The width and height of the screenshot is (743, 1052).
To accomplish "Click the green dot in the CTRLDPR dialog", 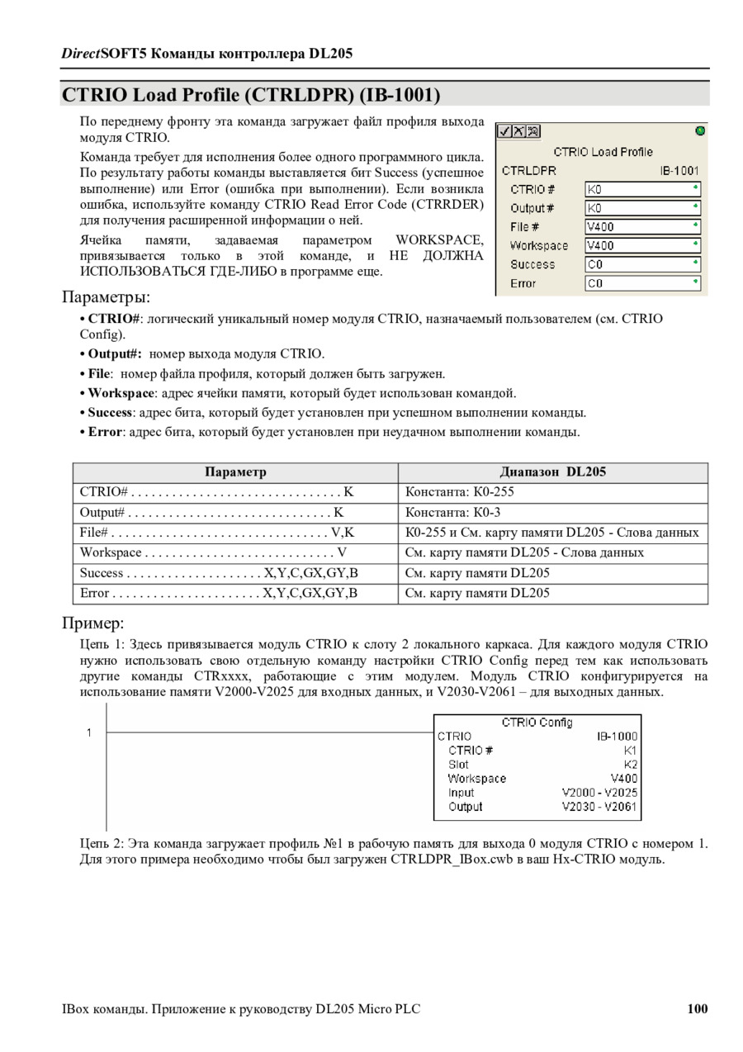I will [700, 131].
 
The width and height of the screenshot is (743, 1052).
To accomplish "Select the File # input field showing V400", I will [642, 226].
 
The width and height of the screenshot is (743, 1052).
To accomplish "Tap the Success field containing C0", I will [642, 264].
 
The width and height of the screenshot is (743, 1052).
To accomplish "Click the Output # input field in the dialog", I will [642, 208].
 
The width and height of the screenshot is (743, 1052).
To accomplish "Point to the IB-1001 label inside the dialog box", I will [679, 171].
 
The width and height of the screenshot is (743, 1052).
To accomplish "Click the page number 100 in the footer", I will [697, 1008].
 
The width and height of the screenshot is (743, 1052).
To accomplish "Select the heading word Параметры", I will [106, 296].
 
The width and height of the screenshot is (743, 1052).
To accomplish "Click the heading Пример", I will [92, 623].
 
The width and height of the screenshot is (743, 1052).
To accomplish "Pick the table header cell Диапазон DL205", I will [552, 472].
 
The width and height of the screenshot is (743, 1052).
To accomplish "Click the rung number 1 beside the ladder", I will [89, 732].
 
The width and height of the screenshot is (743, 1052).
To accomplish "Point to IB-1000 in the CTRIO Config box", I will [618, 736].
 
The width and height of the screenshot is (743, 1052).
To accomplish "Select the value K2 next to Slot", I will [631, 765].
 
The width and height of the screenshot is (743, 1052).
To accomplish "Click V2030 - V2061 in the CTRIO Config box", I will [599, 807].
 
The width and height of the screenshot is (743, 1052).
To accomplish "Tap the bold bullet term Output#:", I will [116, 354].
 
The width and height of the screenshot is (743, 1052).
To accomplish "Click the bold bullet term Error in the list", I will [105, 432].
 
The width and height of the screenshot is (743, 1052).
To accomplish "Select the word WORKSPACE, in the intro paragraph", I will [439, 240].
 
